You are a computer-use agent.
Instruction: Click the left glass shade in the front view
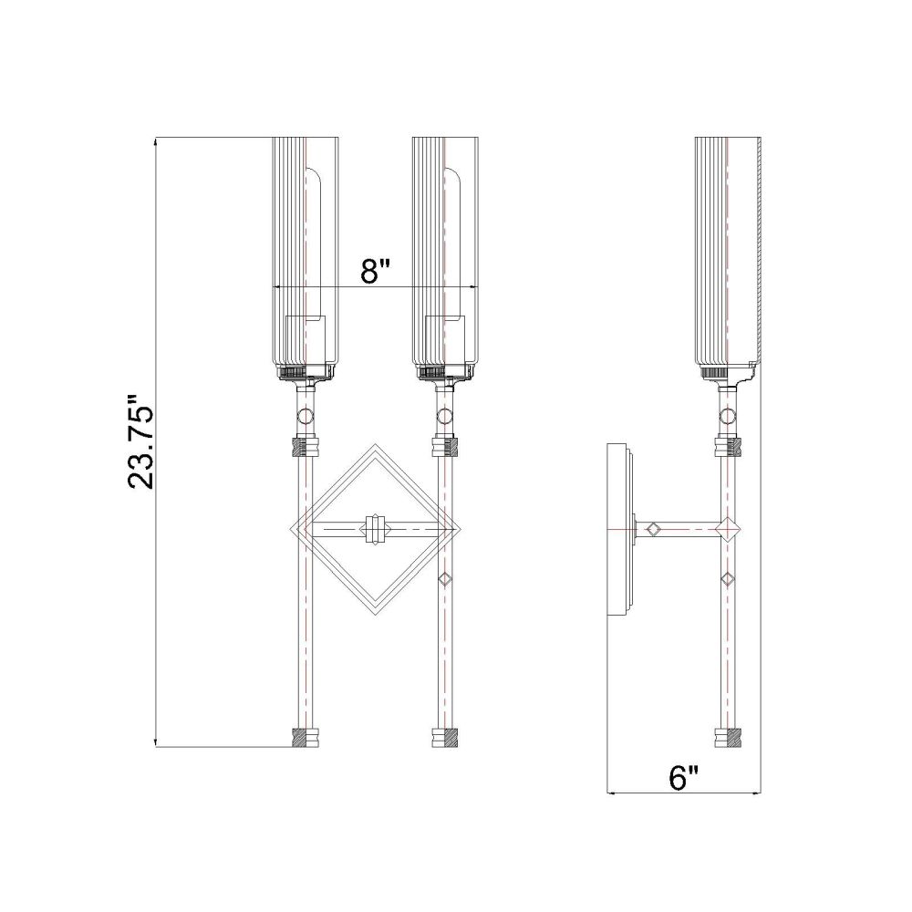pos(306,256)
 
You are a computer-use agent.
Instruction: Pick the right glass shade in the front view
pos(445,256)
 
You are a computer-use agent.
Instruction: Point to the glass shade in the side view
pos(728,256)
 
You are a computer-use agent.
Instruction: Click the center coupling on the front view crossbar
pos(375,529)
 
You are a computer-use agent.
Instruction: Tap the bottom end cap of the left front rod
pos(305,737)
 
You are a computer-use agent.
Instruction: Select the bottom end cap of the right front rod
pos(445,737)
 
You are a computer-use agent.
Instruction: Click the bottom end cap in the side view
pos(728,737)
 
